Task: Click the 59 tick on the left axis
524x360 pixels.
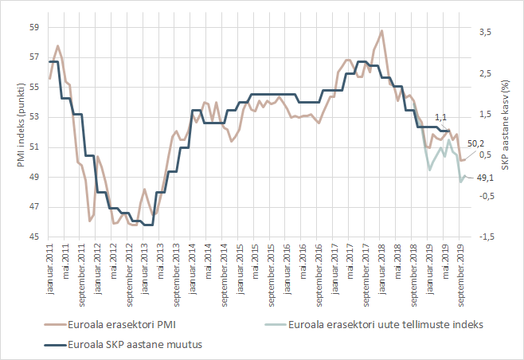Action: coord(34,26)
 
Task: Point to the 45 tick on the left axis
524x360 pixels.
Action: coord(34,237)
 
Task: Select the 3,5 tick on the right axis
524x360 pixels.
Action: coord(485,32)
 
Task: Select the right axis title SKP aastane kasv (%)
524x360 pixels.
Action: coord(504,132)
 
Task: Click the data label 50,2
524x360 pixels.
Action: coord(475,143)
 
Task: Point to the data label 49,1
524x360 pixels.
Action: coord(487,178)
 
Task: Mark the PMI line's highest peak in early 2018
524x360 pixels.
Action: coord(382,31)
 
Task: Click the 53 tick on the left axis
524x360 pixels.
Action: coord(34,117)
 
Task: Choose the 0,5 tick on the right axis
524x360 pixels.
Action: coord(485,155)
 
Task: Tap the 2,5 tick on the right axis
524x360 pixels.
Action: coord(485,73)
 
